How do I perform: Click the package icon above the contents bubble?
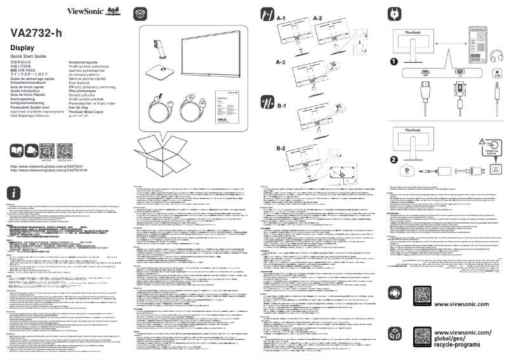point(140,13)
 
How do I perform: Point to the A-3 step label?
point(281,62)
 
